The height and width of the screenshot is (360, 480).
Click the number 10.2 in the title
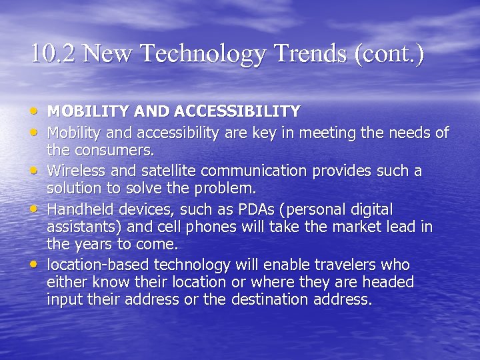click(53, 53)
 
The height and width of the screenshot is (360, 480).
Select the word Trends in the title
click(307, 53)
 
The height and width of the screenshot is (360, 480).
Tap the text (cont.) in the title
click(389, 53)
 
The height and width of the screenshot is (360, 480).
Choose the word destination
click(281, 299)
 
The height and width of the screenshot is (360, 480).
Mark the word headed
click(390, 282)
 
